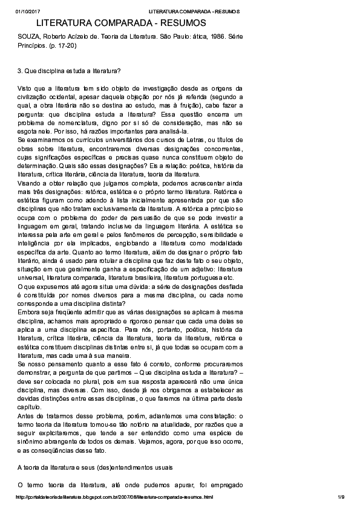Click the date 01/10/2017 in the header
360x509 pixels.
[27, 11]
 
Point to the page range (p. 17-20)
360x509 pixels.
[63, 45]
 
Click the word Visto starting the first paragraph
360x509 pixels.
[25, 88]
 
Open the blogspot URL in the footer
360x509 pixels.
[115, 498]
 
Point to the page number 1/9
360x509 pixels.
[341, 498]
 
